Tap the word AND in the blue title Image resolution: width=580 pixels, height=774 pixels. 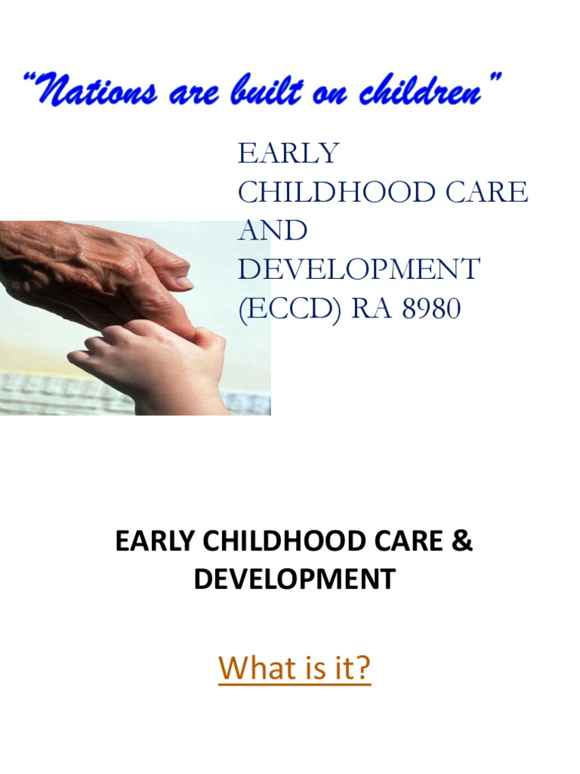(x=273, y=231)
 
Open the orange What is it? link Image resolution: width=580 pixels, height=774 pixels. (x=295, y=668)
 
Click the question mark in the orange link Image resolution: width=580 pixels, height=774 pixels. (x=363, y=668)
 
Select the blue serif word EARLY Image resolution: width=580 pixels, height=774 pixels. (x=288, y=153)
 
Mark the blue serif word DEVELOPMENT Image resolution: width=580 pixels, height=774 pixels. (x=359, y=270)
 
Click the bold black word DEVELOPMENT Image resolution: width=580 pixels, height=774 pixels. (x=294, y=580)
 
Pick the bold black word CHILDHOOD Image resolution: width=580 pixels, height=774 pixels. (x=281, y=543)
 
